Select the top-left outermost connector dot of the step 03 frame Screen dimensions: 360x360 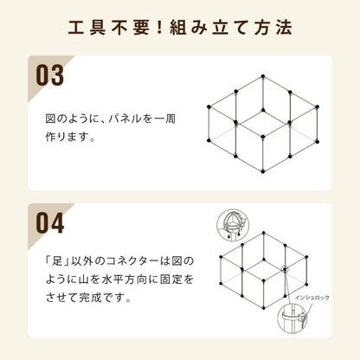[209, 108]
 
